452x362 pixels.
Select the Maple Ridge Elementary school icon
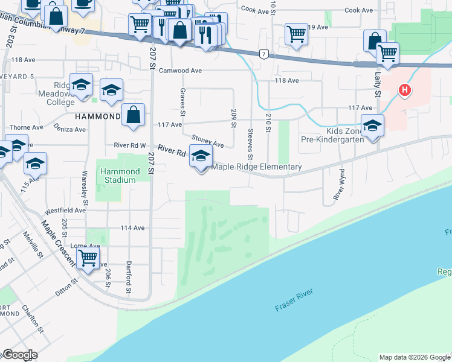(201, 157)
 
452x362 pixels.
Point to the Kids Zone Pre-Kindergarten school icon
(372, 125)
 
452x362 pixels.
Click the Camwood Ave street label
(180, 71)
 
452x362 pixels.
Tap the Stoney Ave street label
(208, 141)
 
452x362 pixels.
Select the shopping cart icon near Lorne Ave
(88, 258)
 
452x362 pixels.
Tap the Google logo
(19, 355)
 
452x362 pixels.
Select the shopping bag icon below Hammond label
(133, 114)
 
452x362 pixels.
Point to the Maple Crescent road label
(58, 241)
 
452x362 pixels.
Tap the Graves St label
(181, 100)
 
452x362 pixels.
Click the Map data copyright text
(415, 357)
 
